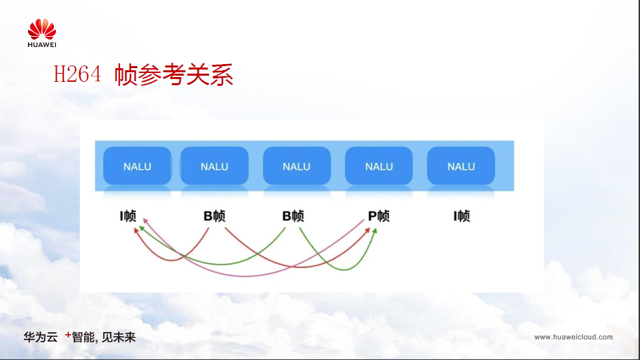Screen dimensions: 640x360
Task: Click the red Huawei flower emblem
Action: pyautogui.click(x=42, y=29)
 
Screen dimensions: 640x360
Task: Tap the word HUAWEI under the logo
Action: pyautogui.click(x=42, y=45)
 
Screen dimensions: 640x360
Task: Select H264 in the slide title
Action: pyautogui.click(x=78, y=74)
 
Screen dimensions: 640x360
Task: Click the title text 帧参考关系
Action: pyautogui.click(x=174, y=74)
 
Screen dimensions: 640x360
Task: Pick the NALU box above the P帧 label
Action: pyautogui.click(x=379, y=166)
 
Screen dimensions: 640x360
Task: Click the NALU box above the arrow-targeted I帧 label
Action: pyautogui.click(x=137, y=166)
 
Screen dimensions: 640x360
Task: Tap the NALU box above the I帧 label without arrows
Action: pyautogui.click(x=461, y=166)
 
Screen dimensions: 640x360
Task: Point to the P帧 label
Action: pyautogui.click(x=379, y=215)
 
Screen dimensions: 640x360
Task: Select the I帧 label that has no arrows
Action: pyautogui.click(x=462, y=215)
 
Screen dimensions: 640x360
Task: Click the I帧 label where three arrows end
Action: pyautogui.click(x=128, y=215)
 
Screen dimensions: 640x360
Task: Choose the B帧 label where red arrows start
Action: pyautogui.click(x=214, y=215)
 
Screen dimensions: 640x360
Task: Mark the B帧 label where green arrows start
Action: pyautogui.click(x=293, y=215)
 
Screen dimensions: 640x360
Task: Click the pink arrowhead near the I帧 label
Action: pyautogui.click(x=145, y=221)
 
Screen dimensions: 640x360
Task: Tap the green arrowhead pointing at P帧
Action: pyautogui.click(x=375, y=230)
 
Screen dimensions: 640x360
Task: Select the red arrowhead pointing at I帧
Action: pyautogui.click(x=136, y=230)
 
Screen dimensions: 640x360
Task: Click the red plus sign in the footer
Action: pyautogui.click(x=68, y=335)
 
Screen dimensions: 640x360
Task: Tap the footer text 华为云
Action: pyautogui.click(x=40, y=337)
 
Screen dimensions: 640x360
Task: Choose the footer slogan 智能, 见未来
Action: pyautogui.click(x=104, y=337)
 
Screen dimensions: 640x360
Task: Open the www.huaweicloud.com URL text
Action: pyautogui.click(x=573, y=337)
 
